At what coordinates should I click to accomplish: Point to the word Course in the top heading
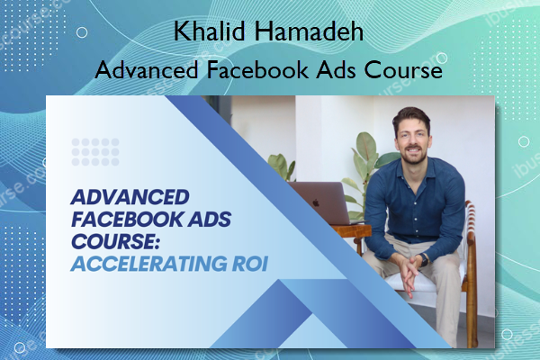tap(403, 70)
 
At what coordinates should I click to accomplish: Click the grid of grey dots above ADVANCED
tap(94, 148)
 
